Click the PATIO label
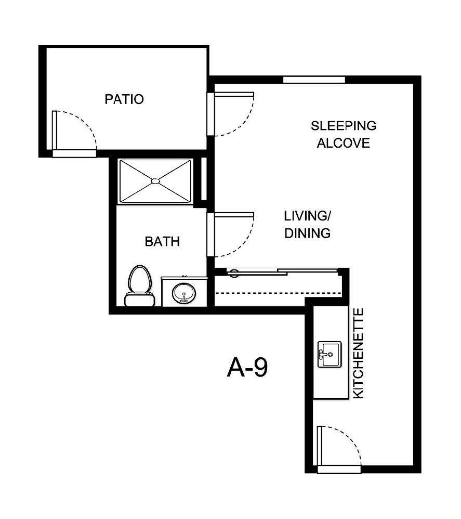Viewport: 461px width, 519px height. pos(124,99)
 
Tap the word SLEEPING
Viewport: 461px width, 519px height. pos(343,126)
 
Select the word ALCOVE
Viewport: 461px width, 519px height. pos(343,143)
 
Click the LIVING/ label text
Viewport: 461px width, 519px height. pos(307,215)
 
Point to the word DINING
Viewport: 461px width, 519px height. pos(307,233)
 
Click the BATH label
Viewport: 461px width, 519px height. pos(162,241)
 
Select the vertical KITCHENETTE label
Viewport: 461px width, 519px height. pos(358,354)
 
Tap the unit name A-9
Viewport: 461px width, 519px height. pos(247,368)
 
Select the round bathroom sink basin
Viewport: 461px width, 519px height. pos(184,293)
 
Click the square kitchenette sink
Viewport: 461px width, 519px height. pos(329,355)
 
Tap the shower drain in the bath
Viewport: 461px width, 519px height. pos(155,181)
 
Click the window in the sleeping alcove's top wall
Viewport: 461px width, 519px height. pos(314,80)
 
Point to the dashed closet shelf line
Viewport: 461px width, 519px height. pos(278,293)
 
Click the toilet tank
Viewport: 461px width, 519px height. pos(139,300)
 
